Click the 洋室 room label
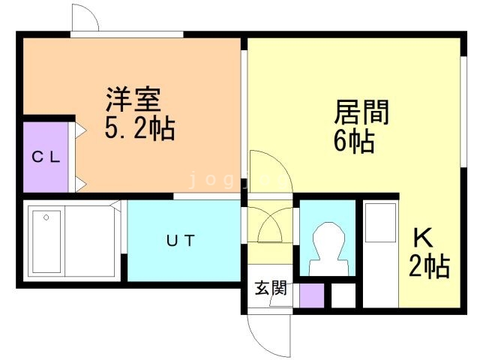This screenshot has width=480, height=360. click(133, 100)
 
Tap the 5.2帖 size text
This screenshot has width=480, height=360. click(139, 128)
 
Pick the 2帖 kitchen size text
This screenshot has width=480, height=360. click(429, 265)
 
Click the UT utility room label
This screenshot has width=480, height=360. click(181, 241)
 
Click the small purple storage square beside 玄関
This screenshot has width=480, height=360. click(311, 295)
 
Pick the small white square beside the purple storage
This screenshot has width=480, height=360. click(343, 295)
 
